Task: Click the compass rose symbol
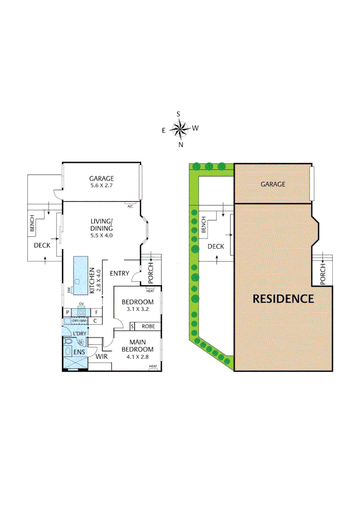pyautogui.click(x=179, y=128)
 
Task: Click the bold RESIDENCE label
pyautogui.click(x=283, y=299)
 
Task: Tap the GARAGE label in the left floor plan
pyautogui.click(x=101, y=178)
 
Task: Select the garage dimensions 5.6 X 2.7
pyautogui.click(x=101, y=186)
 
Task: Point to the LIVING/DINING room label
pyautogui.click(x=102, y=224)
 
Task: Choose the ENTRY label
pyautogui.click(x=119, y=273)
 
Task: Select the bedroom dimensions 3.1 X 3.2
pyautogui.click(x=137, y=310)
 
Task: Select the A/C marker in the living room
pyautogui.click(x=130, y=206)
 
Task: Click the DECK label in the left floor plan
pyautogui.click(x=42, y=246)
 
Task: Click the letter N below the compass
pyautogui.click(x=180, y=145)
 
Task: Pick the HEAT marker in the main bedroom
pyautogui.click(x=153, y=367)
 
